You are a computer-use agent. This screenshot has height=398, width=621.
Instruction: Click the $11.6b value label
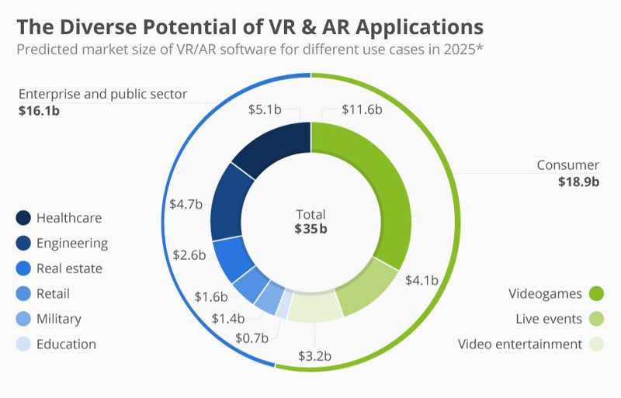[362, 110]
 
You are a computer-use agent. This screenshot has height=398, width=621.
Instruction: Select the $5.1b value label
[265, 110]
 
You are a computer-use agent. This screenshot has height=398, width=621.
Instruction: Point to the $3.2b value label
[314, 357]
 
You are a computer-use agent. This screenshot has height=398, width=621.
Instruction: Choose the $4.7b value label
[186, 205]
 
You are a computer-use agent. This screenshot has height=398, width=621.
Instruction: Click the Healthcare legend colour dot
[23, 218]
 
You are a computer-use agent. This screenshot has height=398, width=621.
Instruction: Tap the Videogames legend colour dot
[596, 294]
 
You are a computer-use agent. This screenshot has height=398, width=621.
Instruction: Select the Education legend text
[66, 344]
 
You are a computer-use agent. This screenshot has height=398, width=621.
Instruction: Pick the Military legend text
[58, 319]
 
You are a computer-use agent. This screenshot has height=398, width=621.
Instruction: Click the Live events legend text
[549, 319]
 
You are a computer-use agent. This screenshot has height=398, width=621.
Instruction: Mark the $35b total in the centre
[310, 229]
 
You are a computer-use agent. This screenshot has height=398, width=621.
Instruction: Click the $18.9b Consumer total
[578, 182]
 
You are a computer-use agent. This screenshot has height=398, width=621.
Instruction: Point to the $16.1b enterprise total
[39, 111]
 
